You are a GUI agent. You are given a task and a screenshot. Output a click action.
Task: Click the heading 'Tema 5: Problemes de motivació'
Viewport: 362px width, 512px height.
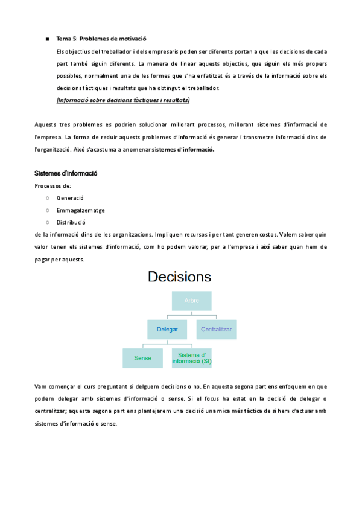[101, 39]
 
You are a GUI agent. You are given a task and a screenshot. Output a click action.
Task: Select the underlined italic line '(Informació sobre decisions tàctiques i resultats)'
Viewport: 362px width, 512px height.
[123, 100]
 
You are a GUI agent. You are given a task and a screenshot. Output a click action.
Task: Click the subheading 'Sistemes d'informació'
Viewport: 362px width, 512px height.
[66, 174]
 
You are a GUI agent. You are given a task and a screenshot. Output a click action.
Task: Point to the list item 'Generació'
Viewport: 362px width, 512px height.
[70, 198]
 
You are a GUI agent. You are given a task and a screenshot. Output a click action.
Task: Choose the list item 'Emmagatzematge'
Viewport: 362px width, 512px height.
[81, 210]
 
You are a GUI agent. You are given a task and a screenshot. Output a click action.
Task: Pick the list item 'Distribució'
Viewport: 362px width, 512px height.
[71, 222]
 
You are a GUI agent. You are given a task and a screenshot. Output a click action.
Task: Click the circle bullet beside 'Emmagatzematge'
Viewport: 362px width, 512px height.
[47, 210]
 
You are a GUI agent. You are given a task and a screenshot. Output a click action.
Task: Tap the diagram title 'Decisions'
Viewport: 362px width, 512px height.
[180, 277]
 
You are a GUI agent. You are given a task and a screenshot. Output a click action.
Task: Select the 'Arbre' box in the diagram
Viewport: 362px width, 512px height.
[191, 301]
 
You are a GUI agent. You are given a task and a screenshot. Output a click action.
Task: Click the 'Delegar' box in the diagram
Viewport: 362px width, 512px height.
[167, 330]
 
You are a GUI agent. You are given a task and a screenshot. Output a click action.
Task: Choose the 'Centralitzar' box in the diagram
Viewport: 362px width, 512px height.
[216, 330]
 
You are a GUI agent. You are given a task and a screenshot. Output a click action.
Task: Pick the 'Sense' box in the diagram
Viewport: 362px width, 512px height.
[142, 358]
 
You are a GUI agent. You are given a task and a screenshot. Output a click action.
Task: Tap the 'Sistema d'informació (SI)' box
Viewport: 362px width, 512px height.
[191, 358]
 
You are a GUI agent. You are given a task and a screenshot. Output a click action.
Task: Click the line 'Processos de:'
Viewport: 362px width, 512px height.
[53, 186]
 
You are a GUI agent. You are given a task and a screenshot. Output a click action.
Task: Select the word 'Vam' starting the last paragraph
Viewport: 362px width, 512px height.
[40, 385]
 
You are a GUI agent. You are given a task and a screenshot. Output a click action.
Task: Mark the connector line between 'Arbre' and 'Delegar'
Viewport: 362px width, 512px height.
[167, 316]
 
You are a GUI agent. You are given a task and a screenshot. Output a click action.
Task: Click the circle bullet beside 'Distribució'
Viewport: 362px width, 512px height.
[47, 222]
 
